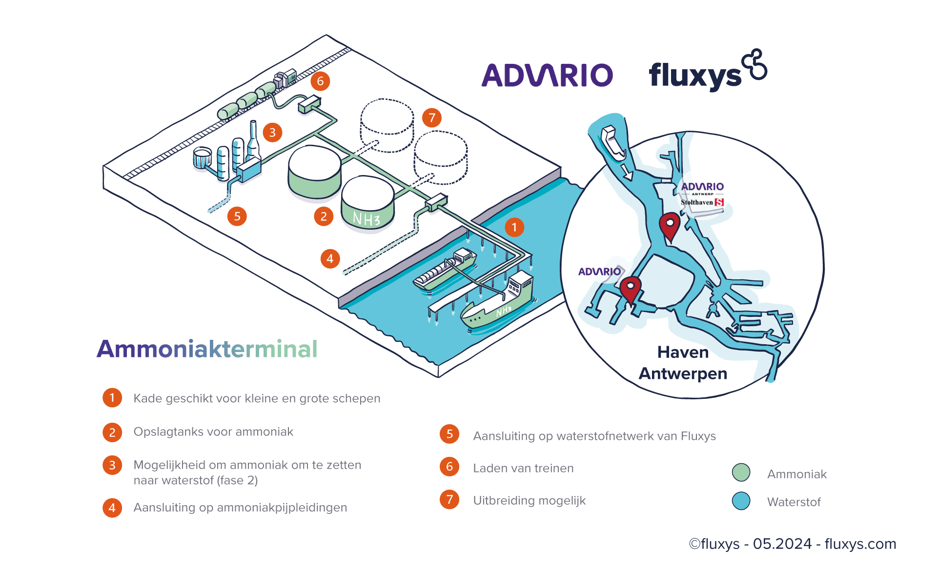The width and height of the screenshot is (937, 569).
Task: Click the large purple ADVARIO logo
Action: pyautogui.click(x=547, y=75)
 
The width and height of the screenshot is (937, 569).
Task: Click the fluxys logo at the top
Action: pyautogui.click(x=707, y=73)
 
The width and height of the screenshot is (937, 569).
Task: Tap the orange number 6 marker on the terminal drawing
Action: pyautogui.click(x=320, y=81)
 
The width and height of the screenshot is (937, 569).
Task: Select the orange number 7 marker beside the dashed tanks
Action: pyautogui.click(x=431, y=118)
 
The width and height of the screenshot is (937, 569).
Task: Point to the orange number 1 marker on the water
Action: pyautogui.click(x=514, y=227)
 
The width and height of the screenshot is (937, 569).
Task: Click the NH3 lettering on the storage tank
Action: pyautogui.click(x=367, y=219)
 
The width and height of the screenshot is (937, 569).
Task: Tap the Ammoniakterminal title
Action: pyautogui.click(x=207, y=349)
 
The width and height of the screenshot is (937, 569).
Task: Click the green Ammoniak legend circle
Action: pyautogui.click(x=741, y=472)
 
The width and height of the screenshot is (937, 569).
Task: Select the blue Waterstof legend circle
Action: pyautogui.click(x=741, y=501)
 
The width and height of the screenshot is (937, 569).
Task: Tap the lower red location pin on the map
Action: pyautogui.click(x=630, y=289)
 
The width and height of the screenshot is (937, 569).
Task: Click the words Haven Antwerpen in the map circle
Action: pyautogui.click(x=683, y=363)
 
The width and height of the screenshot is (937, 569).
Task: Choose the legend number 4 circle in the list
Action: pyautogui.click(x=112, y=508)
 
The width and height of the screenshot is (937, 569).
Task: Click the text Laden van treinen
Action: pyautogui.click(x=523, y=468)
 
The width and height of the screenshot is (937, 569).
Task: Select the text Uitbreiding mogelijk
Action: pyautogui.click(x=529, y=500)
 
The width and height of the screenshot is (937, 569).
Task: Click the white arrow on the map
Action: pyautogui.click(x=626, y=171)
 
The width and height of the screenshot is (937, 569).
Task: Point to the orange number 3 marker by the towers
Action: pyautogui.click(x=272, y=132)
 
